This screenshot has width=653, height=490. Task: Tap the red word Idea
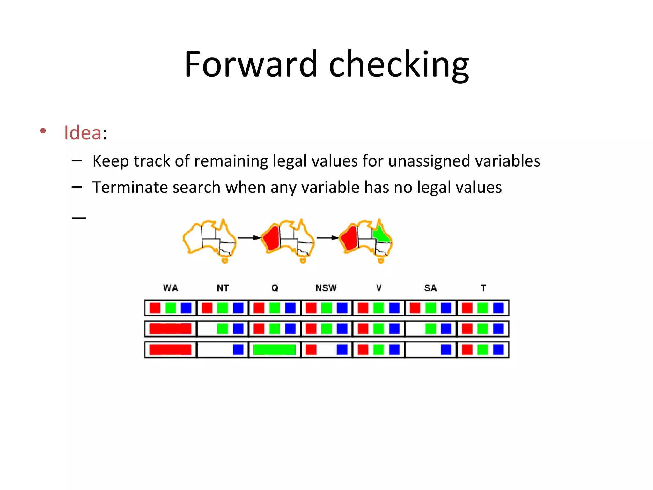point(83,133)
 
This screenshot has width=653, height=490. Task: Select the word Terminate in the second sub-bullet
point(129,187)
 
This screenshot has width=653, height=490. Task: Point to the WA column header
point(171,288)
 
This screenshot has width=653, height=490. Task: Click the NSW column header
point(326,288)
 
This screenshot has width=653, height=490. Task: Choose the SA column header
point(430,288)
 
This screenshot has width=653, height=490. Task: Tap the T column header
point(483,288)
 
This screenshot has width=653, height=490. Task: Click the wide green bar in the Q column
point(274,350)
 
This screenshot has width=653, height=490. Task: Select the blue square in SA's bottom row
point(446,350)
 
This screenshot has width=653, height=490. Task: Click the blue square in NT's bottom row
point(238,350)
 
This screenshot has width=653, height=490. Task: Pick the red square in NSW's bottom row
point(311,350)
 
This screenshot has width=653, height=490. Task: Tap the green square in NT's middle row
point(223,329)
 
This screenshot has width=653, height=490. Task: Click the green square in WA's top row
point(171,308)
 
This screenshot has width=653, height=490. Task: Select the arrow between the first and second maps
point(249,238)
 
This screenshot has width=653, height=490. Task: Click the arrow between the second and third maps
point(327,238)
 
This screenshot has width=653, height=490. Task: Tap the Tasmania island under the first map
point(225,261)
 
